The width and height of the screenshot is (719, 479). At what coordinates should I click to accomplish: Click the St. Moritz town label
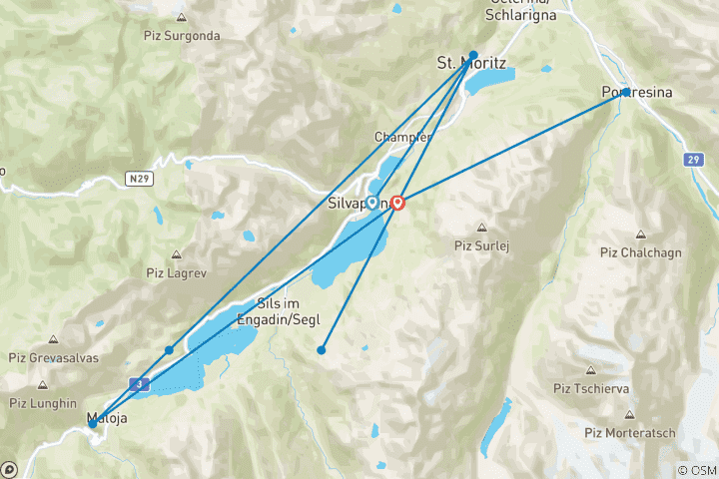[x=471, y=64]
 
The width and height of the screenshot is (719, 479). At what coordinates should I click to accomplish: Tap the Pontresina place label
[x=637, y=93]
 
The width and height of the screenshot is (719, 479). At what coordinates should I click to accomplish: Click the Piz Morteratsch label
[x=630, y=432]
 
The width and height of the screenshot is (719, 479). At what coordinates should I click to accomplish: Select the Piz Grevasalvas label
[x=53, y=358]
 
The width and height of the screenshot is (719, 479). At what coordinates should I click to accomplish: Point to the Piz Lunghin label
[x=44, y=403]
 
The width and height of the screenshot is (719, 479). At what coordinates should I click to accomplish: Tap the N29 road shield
[x=140, y=178]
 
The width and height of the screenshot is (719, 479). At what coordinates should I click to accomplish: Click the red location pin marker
[x=398, y=203]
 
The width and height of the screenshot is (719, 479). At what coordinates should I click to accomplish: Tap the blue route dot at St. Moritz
[x=473, y=55]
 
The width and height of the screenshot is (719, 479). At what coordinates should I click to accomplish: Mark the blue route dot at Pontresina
[x=625, y=92]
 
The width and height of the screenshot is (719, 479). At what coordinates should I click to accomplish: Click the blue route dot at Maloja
[x=93, y=423]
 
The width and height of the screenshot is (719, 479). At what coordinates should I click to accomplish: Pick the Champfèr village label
[x=401, y=137]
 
